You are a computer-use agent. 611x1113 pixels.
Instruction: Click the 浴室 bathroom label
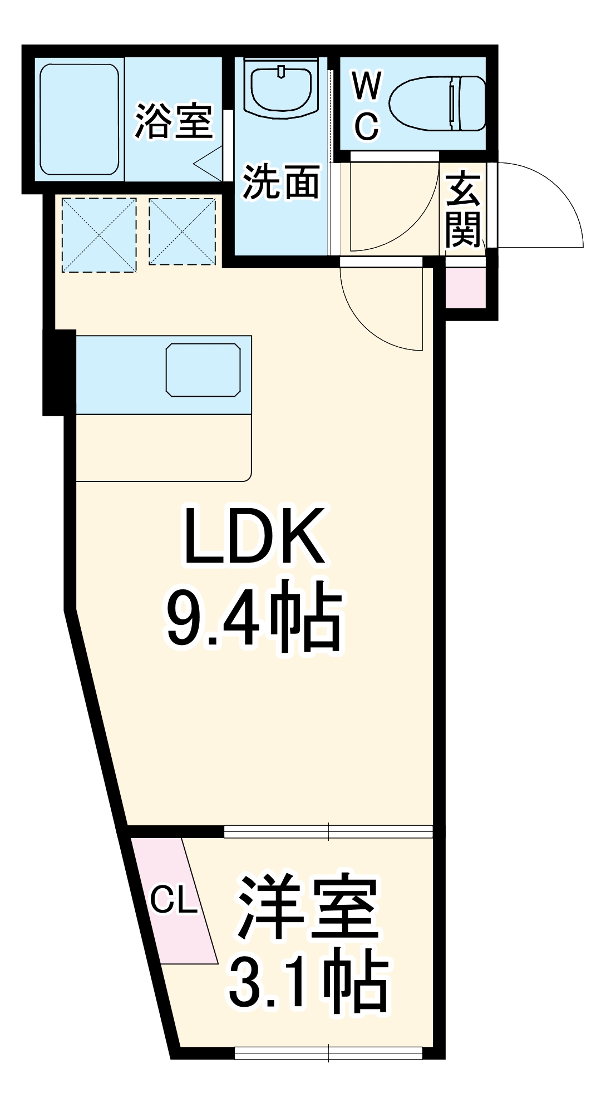coord(174,121)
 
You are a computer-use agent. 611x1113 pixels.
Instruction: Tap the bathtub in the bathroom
coord(80,120)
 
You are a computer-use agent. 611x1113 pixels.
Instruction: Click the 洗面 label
coord(281,182)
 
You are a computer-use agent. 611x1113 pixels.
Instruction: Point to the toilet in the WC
coord(437,104)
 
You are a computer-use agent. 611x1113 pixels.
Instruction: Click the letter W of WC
coord(367,86)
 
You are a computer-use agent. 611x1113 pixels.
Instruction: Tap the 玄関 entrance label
coord(463,210)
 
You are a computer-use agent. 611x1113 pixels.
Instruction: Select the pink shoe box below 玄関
coord(466,287)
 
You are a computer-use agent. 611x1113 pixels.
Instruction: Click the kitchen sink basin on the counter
coord(203,370)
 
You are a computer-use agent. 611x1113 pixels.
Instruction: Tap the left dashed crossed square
coord(99,235)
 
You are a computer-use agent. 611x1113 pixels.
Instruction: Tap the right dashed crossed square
coord(182,232)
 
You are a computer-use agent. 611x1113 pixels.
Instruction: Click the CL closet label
coord(174,899)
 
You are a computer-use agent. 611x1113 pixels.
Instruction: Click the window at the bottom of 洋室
coord(328,1053)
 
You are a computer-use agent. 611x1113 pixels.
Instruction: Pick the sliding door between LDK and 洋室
coord(328,831)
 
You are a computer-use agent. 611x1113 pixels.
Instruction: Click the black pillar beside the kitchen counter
coord(60,372)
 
